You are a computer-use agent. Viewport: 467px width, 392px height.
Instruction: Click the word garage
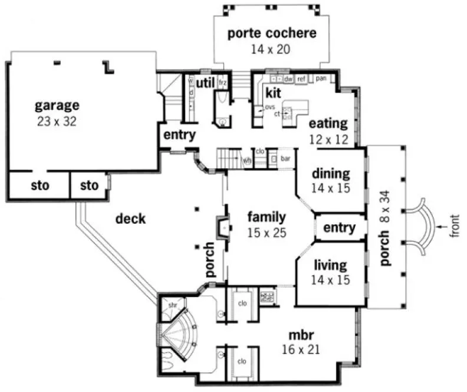(57, 106)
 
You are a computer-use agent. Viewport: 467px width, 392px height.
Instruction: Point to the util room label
(205, 81)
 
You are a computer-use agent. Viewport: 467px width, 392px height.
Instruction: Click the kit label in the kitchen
(272, 93)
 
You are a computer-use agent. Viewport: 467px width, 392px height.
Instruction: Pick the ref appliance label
(301, 79)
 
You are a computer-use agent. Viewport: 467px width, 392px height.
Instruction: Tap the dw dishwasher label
(288, 79)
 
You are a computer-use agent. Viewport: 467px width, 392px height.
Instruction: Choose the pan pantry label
(321, 78)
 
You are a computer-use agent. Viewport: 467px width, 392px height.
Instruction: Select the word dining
(331, 174)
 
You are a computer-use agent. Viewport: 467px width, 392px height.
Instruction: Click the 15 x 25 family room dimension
(267, 233)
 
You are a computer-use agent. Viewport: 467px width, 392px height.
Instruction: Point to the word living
(330, 264)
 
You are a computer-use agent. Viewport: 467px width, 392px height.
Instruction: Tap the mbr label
(301, 334)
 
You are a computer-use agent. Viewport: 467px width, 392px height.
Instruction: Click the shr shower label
(172, 305)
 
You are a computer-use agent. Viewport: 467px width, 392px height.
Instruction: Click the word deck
(130, 219)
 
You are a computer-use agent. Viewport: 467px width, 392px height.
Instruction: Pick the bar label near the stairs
(287, 159)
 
